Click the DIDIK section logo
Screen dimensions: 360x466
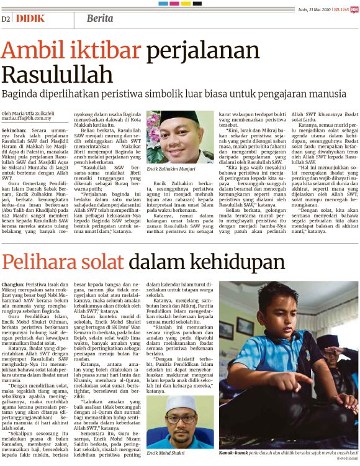tap(30, 18)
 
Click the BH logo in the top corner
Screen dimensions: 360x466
tap(354, 10)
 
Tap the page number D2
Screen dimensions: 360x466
tap(7, 19)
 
